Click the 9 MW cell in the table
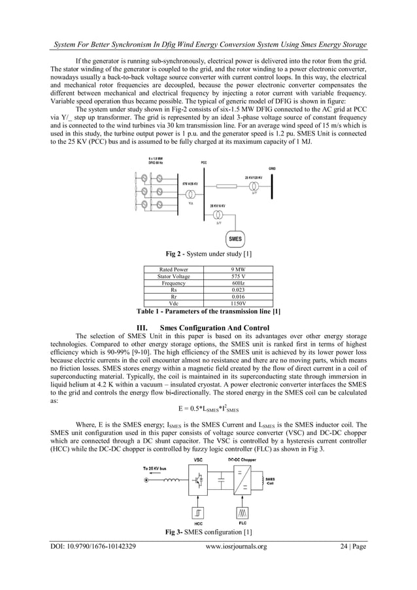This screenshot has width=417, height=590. (239, 269)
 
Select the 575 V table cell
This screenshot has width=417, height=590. (239, 276)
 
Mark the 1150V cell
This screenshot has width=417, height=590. (239, 304)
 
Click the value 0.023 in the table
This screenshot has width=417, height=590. (239, 290)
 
